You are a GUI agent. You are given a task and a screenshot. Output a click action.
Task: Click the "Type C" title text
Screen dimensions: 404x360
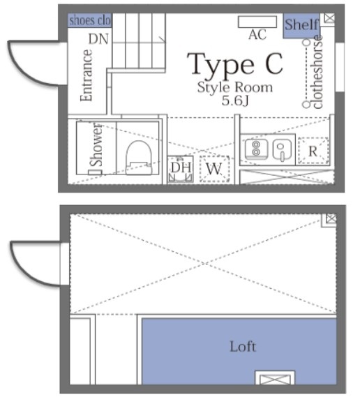click(236, 64)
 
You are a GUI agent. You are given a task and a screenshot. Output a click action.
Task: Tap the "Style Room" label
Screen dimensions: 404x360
click(234, 88)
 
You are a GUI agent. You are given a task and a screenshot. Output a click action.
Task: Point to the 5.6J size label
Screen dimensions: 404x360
click(234, 101)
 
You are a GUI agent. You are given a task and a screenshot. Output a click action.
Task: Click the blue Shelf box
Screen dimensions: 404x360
click(301, 26)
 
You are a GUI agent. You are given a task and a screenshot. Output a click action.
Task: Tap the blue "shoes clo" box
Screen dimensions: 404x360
click(90, 21)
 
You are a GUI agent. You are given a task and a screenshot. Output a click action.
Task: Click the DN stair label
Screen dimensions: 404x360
click(98, 39)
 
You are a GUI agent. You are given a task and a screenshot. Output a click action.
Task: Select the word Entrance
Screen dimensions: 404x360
click(87, 75)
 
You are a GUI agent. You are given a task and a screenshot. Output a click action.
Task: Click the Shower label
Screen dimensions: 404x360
click(96, 144)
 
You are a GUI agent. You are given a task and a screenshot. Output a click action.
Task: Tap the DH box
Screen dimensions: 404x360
click(180, 168)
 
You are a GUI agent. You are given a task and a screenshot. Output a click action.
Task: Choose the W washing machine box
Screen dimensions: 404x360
click(214, 169)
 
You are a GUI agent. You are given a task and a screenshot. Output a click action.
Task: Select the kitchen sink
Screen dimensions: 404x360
click(281, 149)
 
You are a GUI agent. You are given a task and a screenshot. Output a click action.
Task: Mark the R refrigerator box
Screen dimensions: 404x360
click(313, 151)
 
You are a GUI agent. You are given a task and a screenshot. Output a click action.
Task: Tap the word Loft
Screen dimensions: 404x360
click(242, 346)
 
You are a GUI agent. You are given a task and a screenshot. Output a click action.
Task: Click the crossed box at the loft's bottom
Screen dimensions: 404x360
click(269, 380)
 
